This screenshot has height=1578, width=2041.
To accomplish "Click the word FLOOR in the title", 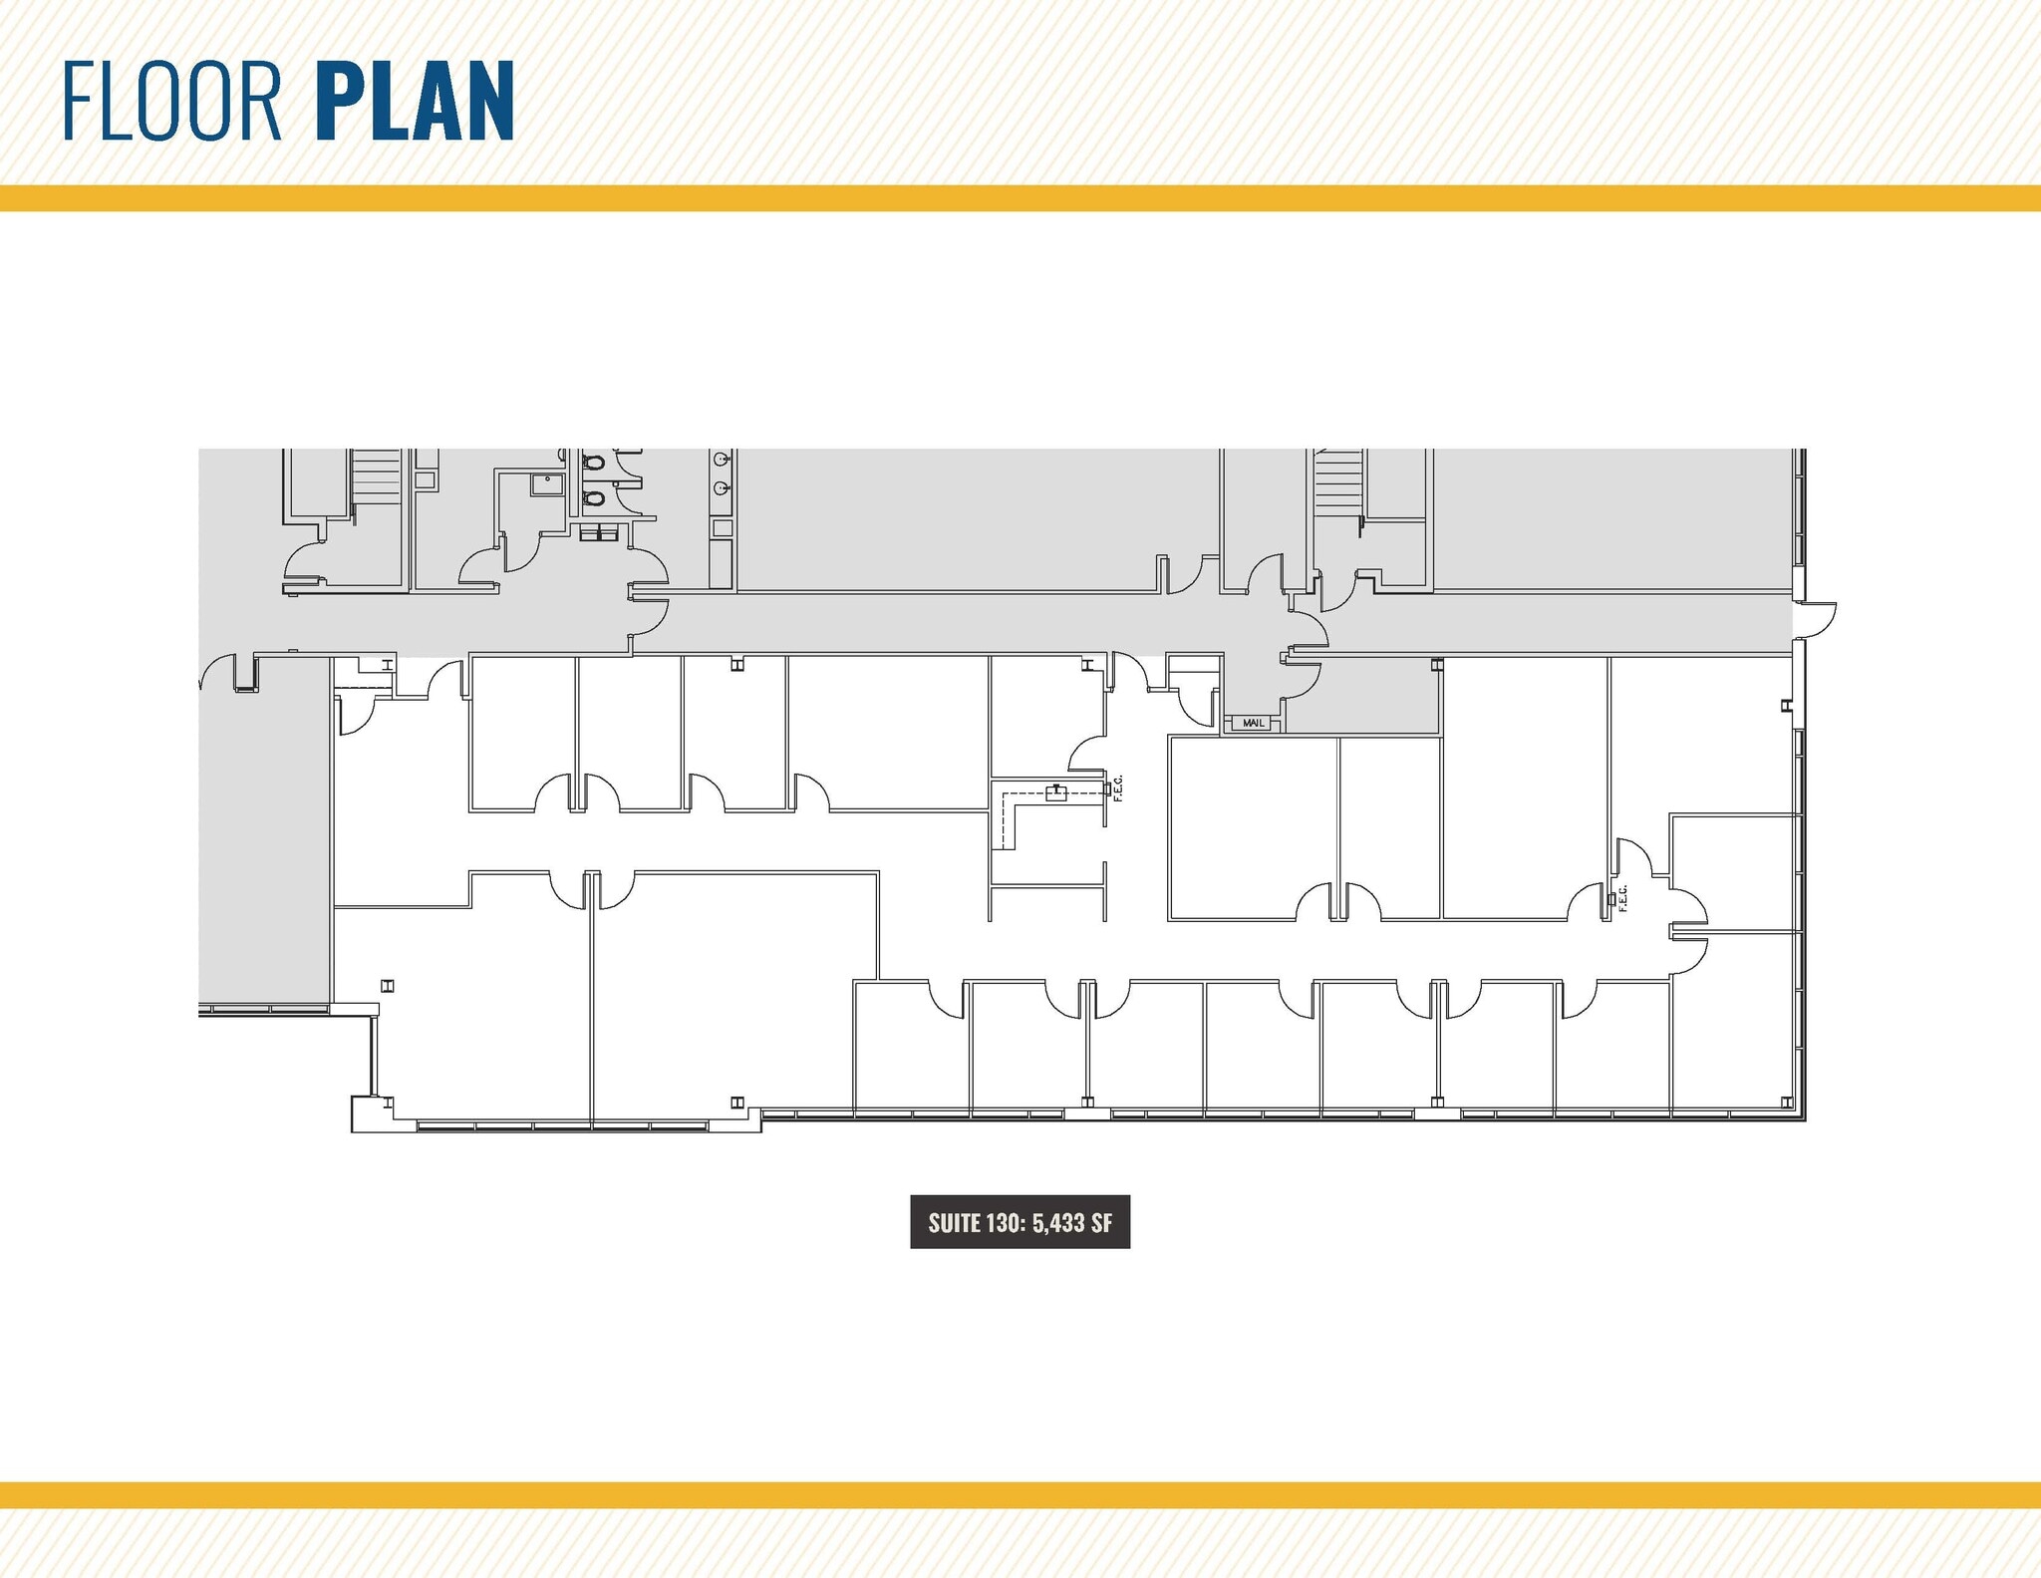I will click(171, 102).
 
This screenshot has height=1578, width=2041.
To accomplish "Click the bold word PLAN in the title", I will click(415, 102).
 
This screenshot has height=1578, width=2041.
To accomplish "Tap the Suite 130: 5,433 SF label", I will click(1020, 1222).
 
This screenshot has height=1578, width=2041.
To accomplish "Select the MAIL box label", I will click(1253, 723).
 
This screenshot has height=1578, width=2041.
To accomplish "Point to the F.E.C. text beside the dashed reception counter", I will click(1118, 788).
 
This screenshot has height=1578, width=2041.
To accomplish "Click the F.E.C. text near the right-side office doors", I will click(1622, 897).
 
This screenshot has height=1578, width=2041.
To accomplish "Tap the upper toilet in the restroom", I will click(594, 463).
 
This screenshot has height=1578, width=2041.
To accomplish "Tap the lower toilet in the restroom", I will click(594, 497).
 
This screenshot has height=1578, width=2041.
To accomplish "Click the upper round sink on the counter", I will click(722, 460).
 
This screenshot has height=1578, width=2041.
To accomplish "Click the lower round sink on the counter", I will click(722, 488).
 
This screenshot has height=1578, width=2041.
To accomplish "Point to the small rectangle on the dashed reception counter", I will click(1055, 793).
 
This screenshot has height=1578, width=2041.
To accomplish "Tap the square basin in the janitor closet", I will click(547, 484).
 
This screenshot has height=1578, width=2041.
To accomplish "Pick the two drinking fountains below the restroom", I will click(599, 533).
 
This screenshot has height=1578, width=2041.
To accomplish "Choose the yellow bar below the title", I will click(1020, 198).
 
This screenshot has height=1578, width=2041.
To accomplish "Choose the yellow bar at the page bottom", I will click(1020, 1495).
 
